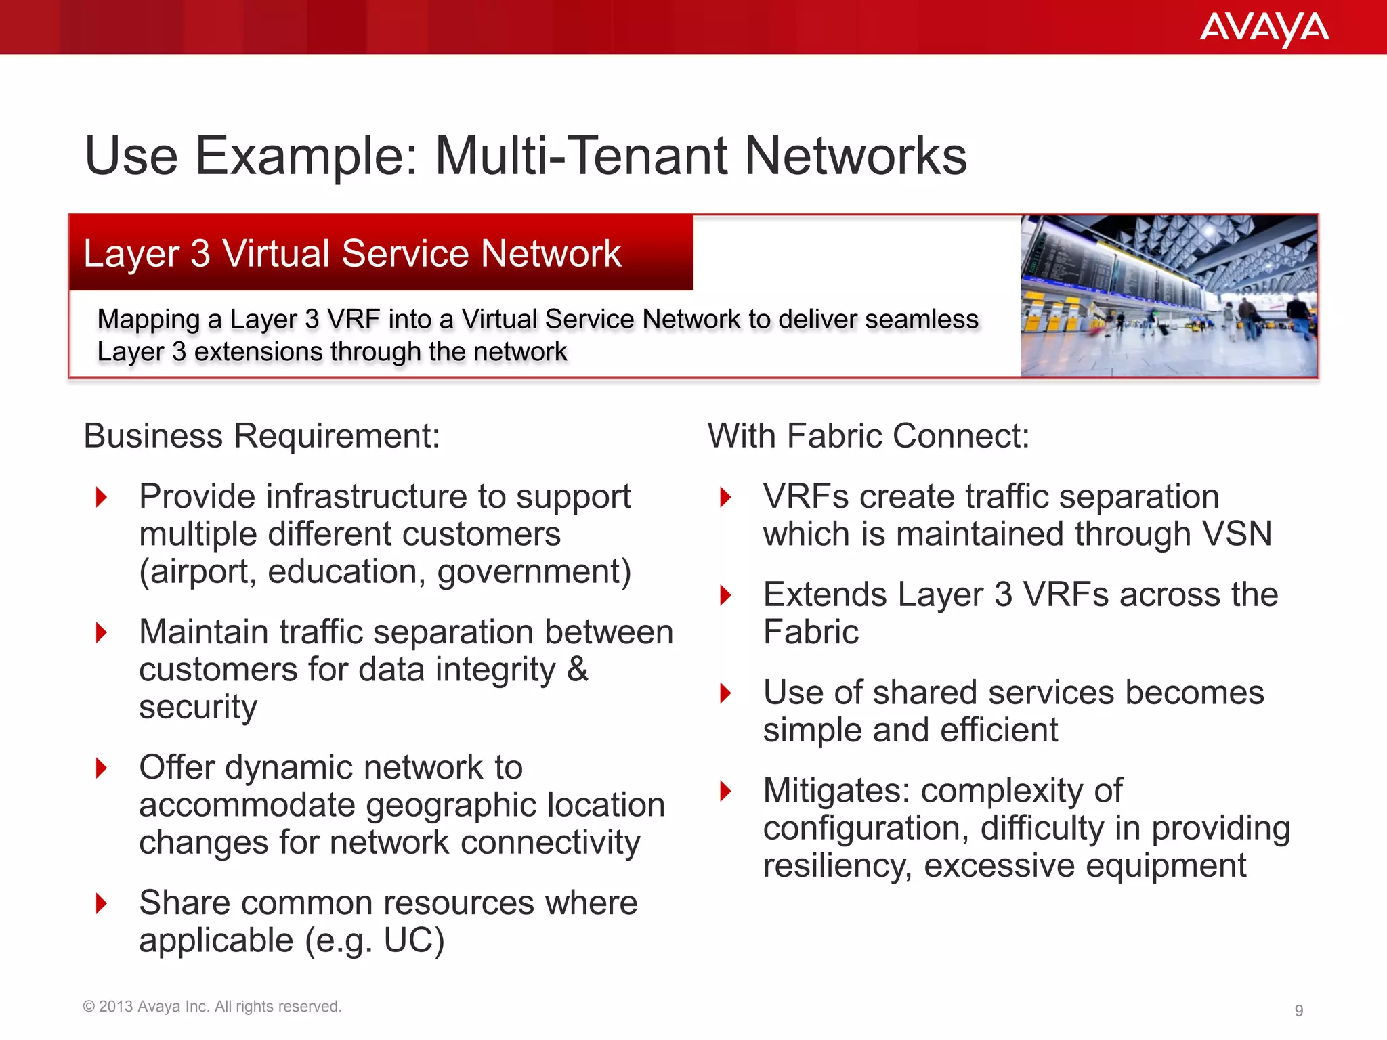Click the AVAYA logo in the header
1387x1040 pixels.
coord(1264,28)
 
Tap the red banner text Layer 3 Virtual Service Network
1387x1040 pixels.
coord(352,253)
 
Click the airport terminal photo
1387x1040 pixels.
coord(1169,296)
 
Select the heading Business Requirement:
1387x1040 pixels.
coord(261,435)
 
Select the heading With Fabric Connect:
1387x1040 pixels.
coord(868,435)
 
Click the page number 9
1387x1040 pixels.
coord(1298,1010)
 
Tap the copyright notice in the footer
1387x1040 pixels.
coord(212,1006)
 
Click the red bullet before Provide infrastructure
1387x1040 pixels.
coord(102,497)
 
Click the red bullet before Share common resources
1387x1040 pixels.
coord(102,903)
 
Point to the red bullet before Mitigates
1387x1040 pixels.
coord(725,790)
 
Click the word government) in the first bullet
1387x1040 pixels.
coord(534,572)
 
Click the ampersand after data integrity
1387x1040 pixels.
coord(577,670)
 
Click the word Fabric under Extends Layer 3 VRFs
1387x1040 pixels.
coord(811,632)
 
